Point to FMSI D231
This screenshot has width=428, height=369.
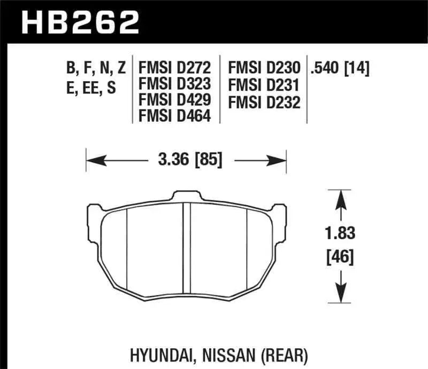pos(264,84)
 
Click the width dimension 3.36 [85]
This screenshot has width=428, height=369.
pos(187,159)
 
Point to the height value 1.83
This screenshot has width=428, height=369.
pos(339,233)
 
